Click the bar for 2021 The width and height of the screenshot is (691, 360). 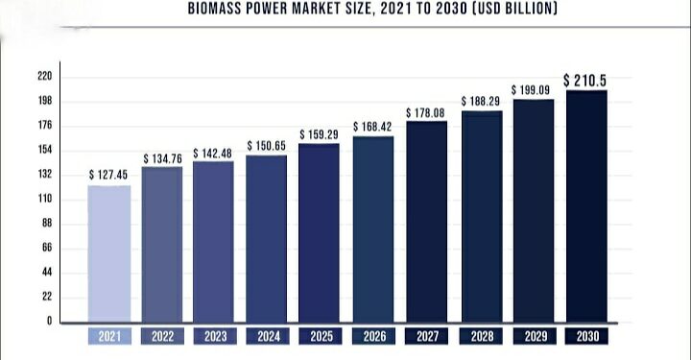[108, 253]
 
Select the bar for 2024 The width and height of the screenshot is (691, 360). [266, 238]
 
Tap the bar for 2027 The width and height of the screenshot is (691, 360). [426, 222]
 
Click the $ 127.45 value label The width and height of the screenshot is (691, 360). [108, 175]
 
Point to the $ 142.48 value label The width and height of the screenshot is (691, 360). [213, 153]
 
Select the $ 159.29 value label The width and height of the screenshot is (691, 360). [320, 134]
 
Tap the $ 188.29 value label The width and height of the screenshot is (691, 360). [481, 100]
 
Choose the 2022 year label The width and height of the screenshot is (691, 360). [161, 337]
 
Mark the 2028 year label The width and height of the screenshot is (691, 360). [480, 337]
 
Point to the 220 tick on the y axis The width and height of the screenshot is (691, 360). [45, 77]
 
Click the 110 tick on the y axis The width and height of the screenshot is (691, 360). [45, 200]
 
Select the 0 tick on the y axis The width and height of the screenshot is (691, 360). [49, 322]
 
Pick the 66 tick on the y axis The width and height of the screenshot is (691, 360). [46, 249]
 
